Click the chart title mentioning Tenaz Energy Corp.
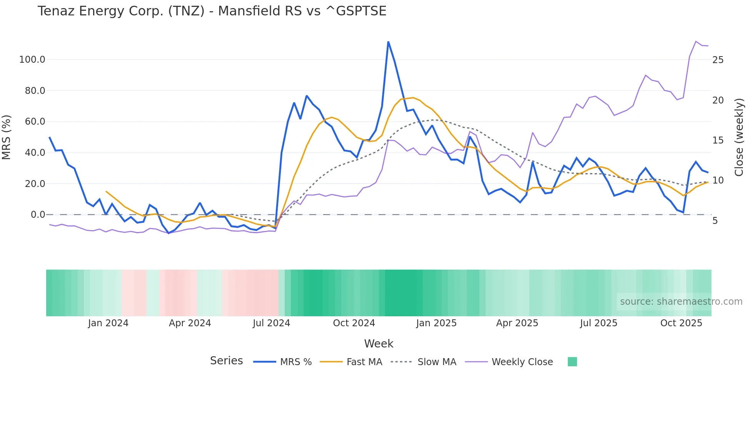pyautogui.click(x=212, y=11)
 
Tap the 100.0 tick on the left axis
pyautogui.click(x=32, y=60)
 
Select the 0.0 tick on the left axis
pyautogui.click(x=38, y=215)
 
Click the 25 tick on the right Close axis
pyautogui.click(x=718, y=60)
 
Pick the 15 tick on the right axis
pyautogui.click(x=718, y=140)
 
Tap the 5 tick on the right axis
pyautogui.click(x=715, y=221)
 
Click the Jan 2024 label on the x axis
pyautogui.click(x=108, y=323)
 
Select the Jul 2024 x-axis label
pyautogui.click(x=271, y=323)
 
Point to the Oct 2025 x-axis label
pyautogui.click(x=681, y=323)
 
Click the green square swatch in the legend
pyautogui.click(x=572, y=362)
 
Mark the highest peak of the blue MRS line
pyautogui.click(x=388, y=42)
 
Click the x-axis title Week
pyautogui.click(x=379, y=344)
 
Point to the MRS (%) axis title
pyautogui.click(x=7, y=137)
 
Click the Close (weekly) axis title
pyautogui.click(x=739, y=137)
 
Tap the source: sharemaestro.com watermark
pyautogui.click(x=681, y=302)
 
